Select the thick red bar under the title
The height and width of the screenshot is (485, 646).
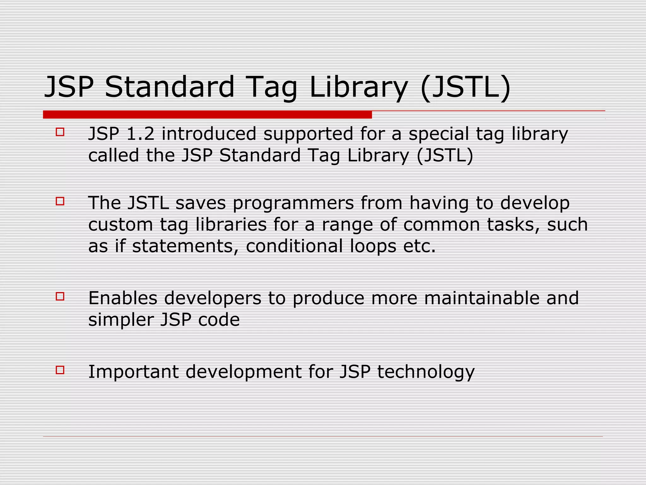[x=207, y=115]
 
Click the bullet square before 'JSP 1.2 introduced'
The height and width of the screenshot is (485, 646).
[x=60, y=132]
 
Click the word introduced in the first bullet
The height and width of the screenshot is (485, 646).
[x=209, y=134]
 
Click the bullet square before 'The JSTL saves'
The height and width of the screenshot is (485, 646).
[x=60, y=201]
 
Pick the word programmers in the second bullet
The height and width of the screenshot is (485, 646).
[x=293, y=203]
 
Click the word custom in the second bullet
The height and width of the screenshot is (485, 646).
[x=120, y=225]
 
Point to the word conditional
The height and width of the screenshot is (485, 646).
[x=294, y=246]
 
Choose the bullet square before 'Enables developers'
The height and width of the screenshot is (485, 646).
[x=60, y=296]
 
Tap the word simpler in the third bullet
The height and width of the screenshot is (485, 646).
[x=121, y=320]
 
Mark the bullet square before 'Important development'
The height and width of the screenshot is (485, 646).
[x=60, y=370]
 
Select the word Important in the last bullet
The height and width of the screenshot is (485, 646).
[x=133, y=372]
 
